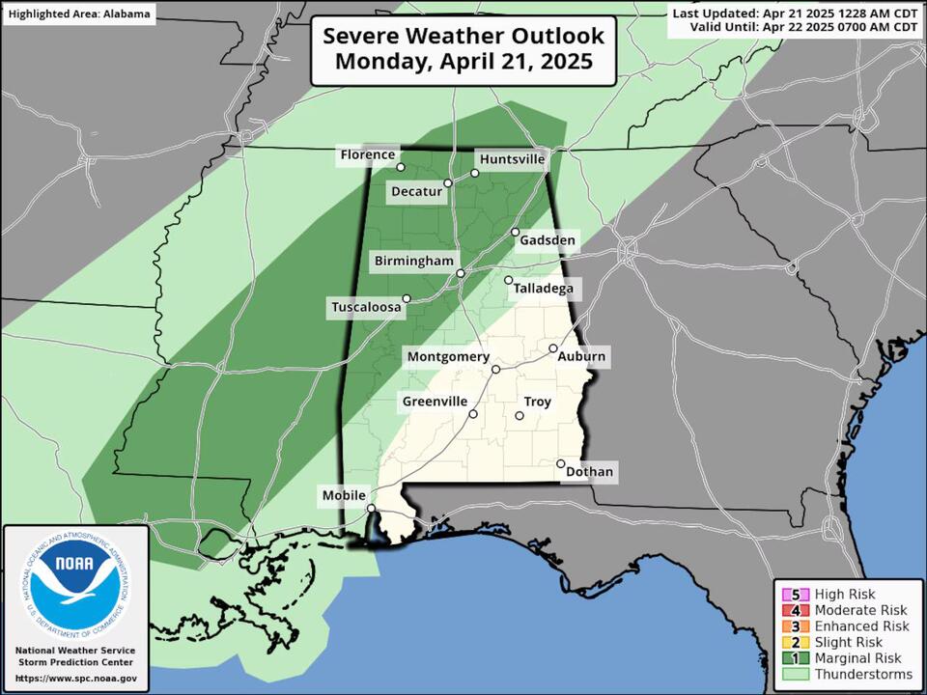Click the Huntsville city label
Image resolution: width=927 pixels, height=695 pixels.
tap(512, 158)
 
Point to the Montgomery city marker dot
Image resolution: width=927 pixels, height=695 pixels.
tap(495, 369)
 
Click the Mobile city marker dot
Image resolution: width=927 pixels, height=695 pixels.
tap(372, 508)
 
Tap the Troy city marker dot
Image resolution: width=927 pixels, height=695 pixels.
tap(520, 416)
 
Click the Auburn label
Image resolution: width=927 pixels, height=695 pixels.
tap(582, 357)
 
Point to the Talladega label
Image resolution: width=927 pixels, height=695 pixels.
tap(542, 288)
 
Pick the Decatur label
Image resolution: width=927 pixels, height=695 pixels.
tap(416, 191)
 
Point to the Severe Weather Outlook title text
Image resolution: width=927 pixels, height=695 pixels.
tap(463, 36)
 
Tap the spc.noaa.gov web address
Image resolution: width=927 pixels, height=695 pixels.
tap(75, 680)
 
